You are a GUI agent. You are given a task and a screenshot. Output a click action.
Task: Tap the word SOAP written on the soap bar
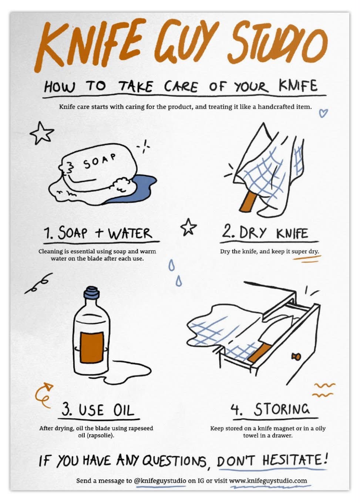tap(100, 161)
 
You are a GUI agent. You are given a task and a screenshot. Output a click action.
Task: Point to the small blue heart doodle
tap(323, 113)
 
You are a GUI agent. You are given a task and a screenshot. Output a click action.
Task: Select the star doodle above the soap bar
tap(42, 133)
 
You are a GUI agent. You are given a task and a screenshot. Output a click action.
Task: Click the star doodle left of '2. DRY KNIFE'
tap(188, 227)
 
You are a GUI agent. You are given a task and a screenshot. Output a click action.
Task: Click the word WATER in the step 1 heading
tap(131, 233)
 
